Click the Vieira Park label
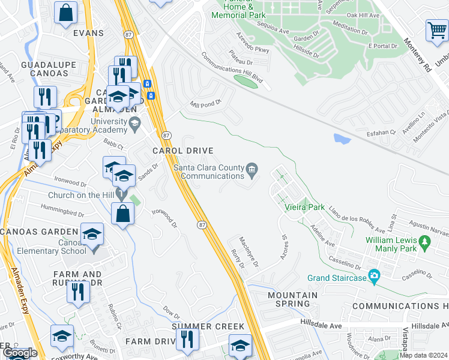309,208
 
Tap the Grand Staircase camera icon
375,277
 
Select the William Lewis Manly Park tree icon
426,242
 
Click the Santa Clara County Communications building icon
253,170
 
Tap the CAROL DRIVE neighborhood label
183,151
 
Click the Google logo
20,353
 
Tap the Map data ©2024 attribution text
424,355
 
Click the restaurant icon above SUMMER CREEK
187,340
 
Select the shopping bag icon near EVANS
65,12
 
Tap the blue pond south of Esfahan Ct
342,139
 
